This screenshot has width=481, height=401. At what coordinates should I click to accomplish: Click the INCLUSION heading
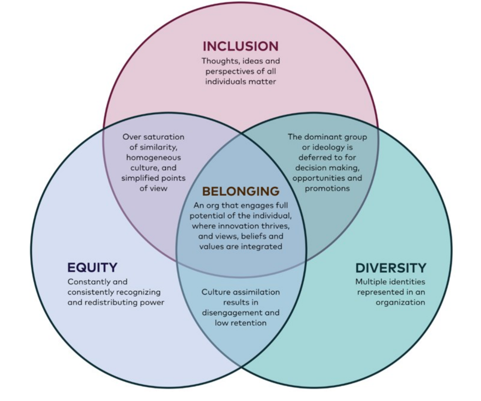point(240,46)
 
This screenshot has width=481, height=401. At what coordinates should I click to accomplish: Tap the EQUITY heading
point(92,268)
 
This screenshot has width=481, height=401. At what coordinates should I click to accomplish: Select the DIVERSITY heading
point(390,268)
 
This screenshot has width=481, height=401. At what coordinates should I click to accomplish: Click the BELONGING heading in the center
point(240,191)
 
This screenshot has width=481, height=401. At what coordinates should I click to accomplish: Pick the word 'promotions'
point(327,188)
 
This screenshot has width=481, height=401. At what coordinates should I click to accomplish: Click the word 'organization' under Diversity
point(400,302)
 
